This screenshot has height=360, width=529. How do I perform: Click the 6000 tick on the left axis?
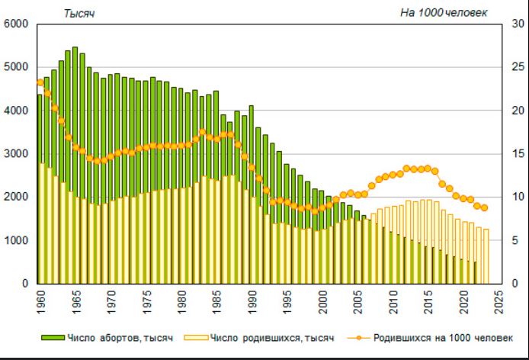(x=16, y=24)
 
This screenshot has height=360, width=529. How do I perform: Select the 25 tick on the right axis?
(x=518, y=67)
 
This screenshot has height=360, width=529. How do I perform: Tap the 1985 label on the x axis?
(x=217, y=301)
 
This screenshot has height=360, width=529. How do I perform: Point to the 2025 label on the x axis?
(x=499, y=301)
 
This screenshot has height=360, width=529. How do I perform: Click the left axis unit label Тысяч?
(x=79, y=14)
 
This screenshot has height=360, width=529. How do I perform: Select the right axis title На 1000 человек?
(x=444, y=13)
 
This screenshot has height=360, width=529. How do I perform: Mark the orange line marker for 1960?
(x=40, y=82)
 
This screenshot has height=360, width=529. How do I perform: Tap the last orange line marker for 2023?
(x=484, y=207)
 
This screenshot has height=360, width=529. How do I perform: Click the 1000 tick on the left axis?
(x=16, y=240)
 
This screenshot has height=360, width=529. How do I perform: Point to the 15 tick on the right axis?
(x=518, y=153)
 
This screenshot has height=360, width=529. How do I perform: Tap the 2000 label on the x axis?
(x=323, y=301)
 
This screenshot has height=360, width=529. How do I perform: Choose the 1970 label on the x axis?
(x=111, y=301)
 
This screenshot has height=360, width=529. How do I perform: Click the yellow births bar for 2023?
(x=486, y=256)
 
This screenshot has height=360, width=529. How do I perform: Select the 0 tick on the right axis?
(x=515, y=283)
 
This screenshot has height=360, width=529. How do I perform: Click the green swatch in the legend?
(x=53, y=338)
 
